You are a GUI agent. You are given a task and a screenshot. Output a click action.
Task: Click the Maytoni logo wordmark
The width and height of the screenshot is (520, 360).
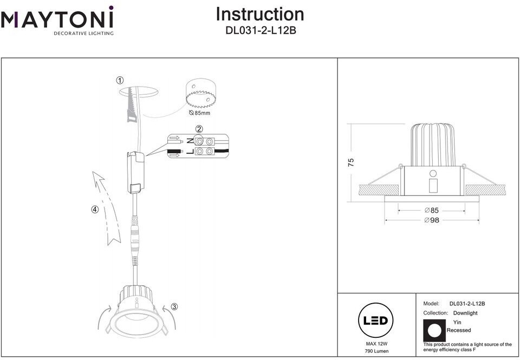57,20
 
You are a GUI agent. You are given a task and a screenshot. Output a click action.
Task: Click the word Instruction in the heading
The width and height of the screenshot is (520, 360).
260,14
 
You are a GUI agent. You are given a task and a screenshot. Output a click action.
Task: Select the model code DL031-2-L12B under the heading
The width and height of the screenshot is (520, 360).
261,31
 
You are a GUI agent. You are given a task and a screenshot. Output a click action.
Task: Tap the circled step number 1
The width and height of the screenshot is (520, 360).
120,81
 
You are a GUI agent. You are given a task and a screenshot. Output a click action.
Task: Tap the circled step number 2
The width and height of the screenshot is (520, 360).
199,129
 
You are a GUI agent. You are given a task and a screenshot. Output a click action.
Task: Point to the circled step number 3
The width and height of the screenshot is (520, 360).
174,306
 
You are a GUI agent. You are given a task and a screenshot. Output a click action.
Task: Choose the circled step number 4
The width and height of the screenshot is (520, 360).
95,210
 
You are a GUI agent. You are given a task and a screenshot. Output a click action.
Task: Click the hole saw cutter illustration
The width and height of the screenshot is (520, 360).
200,96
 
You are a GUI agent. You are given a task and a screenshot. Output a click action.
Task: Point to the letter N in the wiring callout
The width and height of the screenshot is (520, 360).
189,141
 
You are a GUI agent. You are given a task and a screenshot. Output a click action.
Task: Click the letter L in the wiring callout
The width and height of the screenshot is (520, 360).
189,152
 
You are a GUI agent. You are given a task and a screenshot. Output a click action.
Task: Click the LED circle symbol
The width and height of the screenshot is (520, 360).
375,320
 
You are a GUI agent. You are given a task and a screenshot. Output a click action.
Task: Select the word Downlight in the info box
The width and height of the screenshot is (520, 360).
465,313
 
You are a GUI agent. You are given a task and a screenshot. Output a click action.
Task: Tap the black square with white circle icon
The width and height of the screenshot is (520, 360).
434,330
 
